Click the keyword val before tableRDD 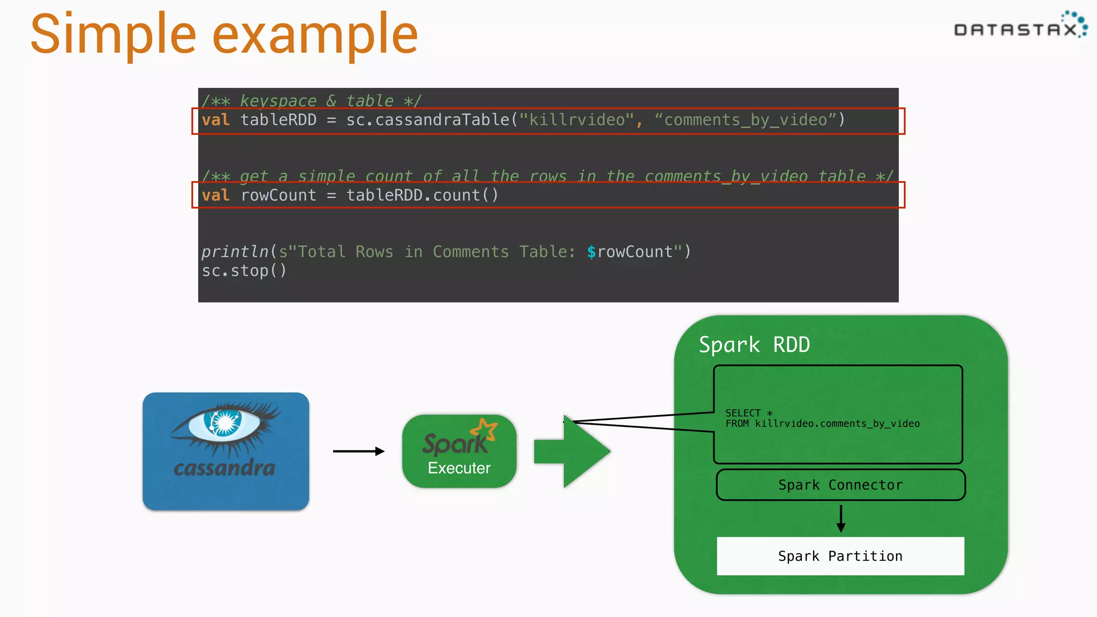point(215,120)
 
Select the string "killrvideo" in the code point(576,120)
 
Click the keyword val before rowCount point(215,195)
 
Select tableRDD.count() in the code point(422,195)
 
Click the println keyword point(235,252)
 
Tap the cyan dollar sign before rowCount point(591,252)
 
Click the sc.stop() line point(244,271)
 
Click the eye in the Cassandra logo point(225,423)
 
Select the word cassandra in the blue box point(224,468)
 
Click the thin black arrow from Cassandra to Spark point(358,451)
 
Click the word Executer point(459,468)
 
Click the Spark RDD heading point(754,345)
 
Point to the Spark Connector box point(840,485)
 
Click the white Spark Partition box point(840,556)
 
